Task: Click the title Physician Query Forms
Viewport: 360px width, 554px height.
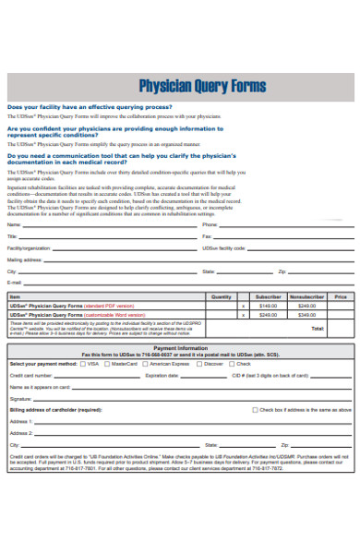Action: (202, 86)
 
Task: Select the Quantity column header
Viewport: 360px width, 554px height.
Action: (222, 296)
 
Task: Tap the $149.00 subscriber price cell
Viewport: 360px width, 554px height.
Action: (268, 305)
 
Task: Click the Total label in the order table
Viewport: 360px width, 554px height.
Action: (318, 328)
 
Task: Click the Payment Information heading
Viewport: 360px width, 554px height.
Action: (180, 348)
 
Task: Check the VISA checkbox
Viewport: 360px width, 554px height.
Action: (83, 364)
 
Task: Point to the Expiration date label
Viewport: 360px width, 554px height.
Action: (162, 376)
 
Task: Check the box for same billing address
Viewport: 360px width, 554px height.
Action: (256, 409)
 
